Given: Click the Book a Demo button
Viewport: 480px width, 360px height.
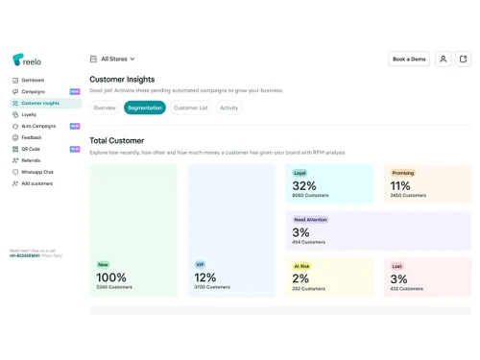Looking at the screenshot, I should [409, 59].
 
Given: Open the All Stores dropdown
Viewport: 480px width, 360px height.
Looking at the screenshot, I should [113, 59].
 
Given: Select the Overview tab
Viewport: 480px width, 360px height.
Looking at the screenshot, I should [105, 108].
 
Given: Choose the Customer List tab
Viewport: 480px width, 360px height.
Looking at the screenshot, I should [191, 108].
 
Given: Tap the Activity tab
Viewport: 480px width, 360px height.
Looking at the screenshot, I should [228, 108].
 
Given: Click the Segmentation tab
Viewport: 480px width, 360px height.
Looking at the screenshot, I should [145, 108].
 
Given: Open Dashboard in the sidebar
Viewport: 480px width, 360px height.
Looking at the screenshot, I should [33, 80].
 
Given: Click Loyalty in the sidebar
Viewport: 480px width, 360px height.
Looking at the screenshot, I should [29, 114].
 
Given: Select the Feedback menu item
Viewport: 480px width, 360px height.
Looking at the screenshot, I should [32, 137].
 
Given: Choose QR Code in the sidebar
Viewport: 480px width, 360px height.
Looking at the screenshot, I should [31, 149].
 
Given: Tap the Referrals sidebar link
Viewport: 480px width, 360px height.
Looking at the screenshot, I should [31, 160].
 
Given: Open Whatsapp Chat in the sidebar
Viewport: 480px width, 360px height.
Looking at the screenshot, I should [37, 172].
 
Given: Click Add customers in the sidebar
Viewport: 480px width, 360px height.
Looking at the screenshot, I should [36, 183].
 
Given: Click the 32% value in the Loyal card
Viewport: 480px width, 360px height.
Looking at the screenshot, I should [304, 186].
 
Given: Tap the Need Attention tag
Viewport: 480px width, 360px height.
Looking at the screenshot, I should [310, 220].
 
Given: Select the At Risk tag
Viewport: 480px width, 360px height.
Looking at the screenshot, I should [302, 266].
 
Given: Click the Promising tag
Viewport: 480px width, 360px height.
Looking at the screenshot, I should [403, 174].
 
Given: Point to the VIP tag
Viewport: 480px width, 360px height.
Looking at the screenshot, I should [200, 264].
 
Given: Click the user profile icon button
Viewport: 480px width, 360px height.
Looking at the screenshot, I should [443, 59].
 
